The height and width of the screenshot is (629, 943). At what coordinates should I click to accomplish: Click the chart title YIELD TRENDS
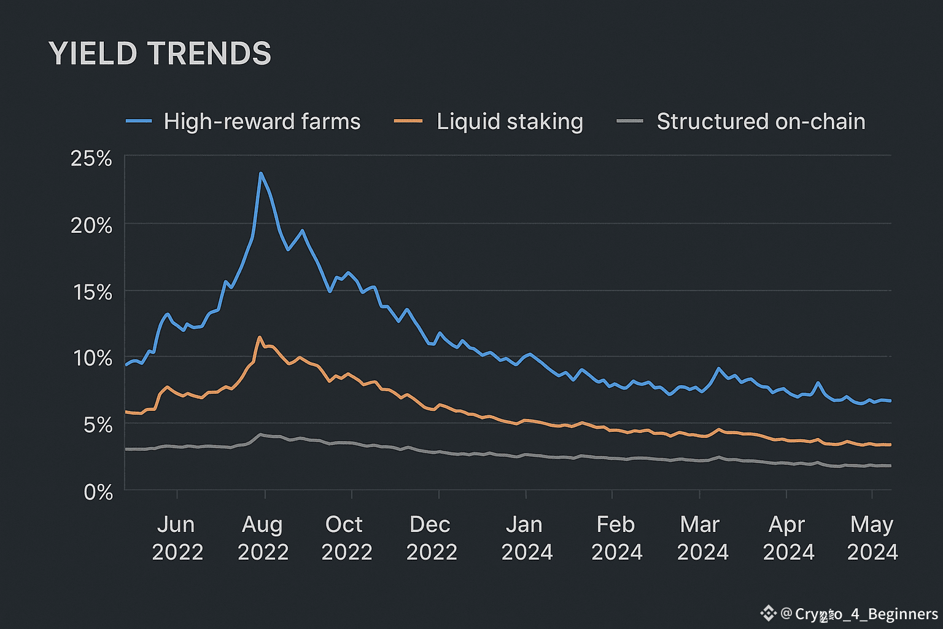(160, 53)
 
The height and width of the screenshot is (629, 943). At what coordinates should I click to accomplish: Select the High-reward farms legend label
(262, 122)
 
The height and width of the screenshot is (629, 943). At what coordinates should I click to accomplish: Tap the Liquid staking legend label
(510, 122)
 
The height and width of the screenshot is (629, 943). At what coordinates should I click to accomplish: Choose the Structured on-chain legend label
(761, 122)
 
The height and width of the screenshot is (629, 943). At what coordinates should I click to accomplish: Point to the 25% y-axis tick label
(91, 159)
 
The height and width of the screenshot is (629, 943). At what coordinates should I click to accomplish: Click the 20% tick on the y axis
(91, 225)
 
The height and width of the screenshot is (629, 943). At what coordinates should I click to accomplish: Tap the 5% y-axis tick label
(98, 425)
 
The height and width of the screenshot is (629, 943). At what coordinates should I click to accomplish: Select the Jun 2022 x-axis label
(177, 538)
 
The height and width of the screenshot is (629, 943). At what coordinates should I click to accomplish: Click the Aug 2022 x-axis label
(263, 538)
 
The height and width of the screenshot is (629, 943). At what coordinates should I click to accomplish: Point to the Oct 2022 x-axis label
(346, 538)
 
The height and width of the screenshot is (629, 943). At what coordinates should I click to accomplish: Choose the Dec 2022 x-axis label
(431, 538)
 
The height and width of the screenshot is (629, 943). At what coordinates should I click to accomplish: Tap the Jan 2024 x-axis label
(526, 538)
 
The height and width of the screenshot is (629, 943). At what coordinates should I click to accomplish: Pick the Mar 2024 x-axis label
(702, 538)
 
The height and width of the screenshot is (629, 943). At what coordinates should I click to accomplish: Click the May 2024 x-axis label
(872, 538)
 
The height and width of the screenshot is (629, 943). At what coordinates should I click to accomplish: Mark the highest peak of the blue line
(260, 173)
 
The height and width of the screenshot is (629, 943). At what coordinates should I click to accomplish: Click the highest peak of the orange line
(259, 337)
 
